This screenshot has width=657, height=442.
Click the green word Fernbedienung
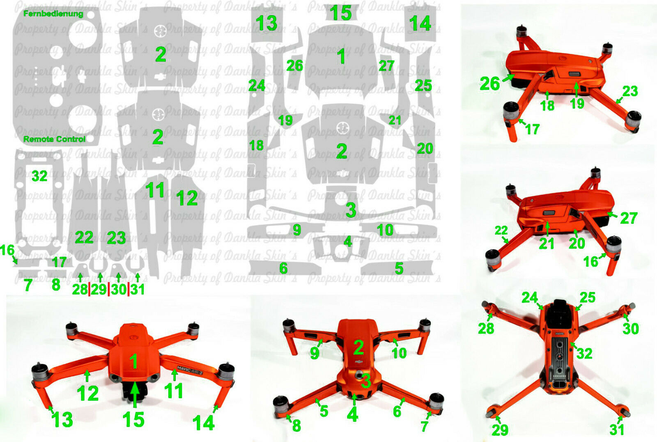tap(53, 14)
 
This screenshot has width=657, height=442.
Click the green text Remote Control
tap(54, 139)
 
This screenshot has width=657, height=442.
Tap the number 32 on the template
tap(39, 176)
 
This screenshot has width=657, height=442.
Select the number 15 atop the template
tap(340, 13)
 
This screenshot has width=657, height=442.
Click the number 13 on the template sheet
tap(266, 23)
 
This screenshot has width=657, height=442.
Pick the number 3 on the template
tap(350, 210)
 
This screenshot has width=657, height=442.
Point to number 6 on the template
tap(283, 269)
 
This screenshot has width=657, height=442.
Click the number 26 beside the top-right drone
tap(489, 84)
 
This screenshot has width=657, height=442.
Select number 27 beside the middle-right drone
tap(628, 218)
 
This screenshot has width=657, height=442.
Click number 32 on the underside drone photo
tap(584, 353)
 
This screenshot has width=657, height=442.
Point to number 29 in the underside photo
tap(500, 430)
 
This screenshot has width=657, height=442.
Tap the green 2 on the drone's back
tap(358, 348)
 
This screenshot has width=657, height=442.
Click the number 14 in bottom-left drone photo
tap(203, 423)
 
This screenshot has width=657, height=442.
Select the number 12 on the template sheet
tap(187, 198)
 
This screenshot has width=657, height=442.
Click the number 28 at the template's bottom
tap(80, 289)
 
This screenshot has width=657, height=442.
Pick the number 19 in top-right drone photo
tap(577, 104)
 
